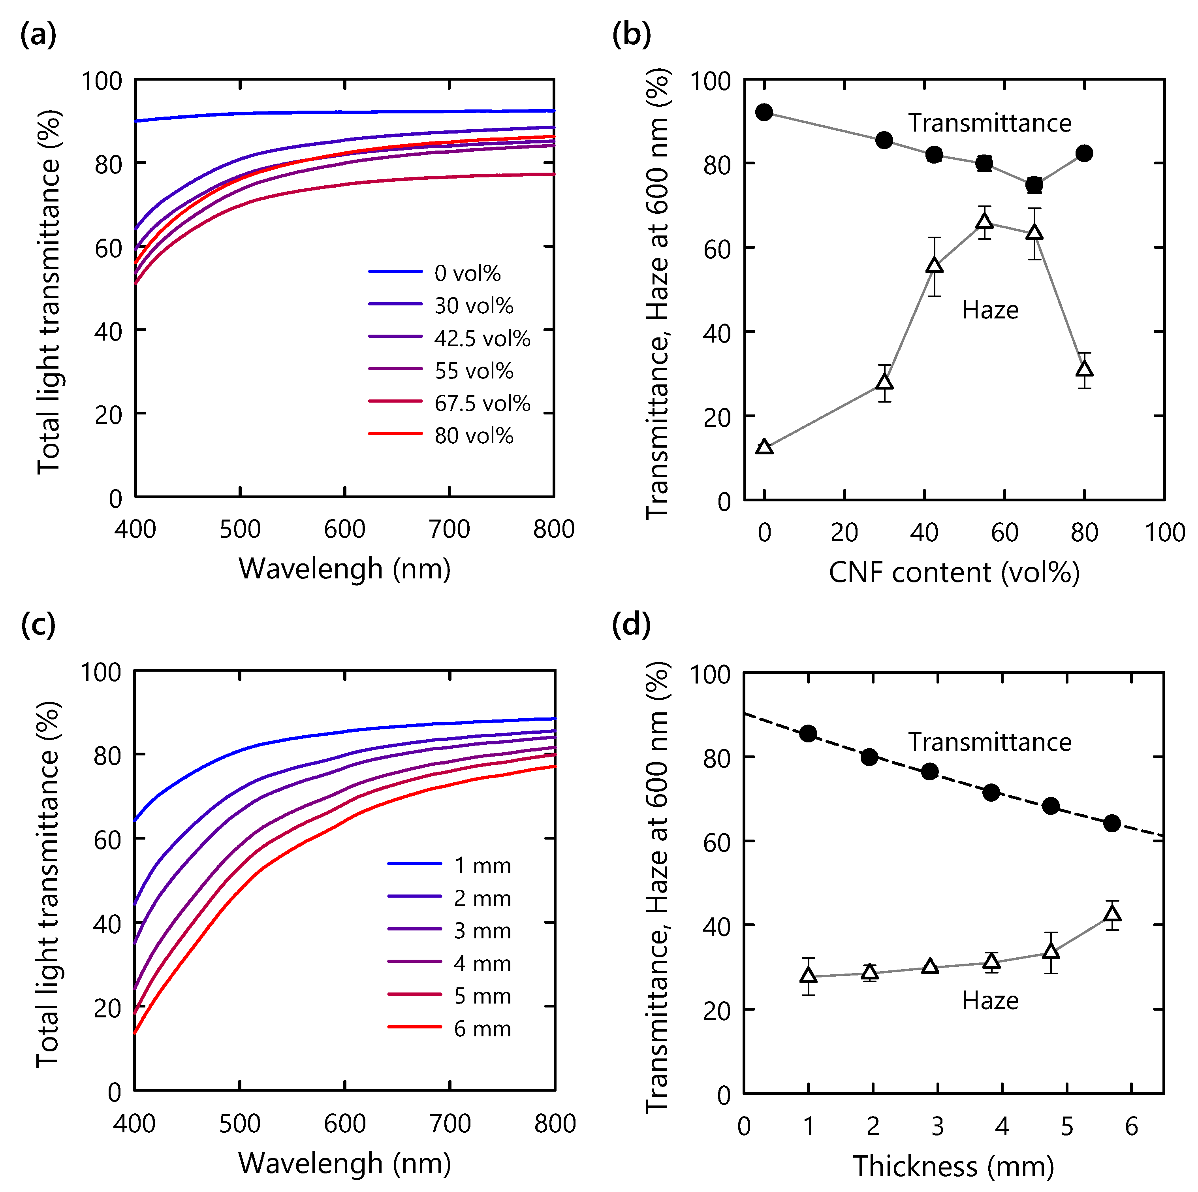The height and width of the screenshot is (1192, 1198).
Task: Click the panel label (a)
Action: click(38, 34)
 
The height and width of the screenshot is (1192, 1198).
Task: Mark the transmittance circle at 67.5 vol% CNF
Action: click(1034, 185)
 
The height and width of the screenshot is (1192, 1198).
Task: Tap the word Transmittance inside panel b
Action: click(990, 123)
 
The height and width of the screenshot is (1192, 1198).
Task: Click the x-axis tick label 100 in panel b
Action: click(1164, 533)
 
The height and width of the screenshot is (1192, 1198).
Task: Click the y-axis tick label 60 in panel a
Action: click(109, 249)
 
